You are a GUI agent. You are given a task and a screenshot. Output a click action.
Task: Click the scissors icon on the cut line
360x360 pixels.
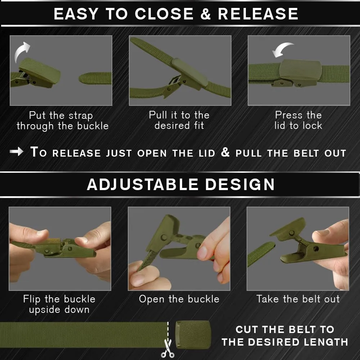coord(168,348)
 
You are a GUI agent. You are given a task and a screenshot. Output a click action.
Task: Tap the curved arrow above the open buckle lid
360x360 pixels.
coord(21,51)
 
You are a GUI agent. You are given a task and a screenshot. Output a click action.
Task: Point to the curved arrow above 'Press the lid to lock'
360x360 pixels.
coord(282,49)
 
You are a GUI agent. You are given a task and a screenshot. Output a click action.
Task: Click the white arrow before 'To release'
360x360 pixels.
coord(17,152)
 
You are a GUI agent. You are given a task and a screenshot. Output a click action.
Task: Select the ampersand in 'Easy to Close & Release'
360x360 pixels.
coord(206,14)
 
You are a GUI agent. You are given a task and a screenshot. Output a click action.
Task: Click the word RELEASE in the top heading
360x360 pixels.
coord(258,14)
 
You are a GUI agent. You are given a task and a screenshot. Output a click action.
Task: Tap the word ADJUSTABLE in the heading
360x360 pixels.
coord(143,184)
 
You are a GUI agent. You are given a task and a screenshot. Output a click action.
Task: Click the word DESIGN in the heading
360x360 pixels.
coord(240,184)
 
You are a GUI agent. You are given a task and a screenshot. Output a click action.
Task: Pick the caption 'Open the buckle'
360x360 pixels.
coord(179,299)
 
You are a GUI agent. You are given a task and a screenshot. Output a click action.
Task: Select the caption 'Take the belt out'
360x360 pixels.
coord(298,299)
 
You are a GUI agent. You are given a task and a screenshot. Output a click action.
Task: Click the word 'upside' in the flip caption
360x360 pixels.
coord(45,310)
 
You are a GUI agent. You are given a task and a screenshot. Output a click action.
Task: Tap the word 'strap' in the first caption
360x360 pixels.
coord(81,116)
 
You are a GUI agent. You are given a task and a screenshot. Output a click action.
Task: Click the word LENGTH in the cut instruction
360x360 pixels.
coord(326,342)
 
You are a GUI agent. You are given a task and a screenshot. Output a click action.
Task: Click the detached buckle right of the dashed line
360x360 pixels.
coord(193,335)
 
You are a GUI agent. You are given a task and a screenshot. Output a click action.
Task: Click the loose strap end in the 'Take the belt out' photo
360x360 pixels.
coord(261,254)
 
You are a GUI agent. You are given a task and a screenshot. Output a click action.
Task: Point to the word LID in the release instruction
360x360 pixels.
coord(207,153)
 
